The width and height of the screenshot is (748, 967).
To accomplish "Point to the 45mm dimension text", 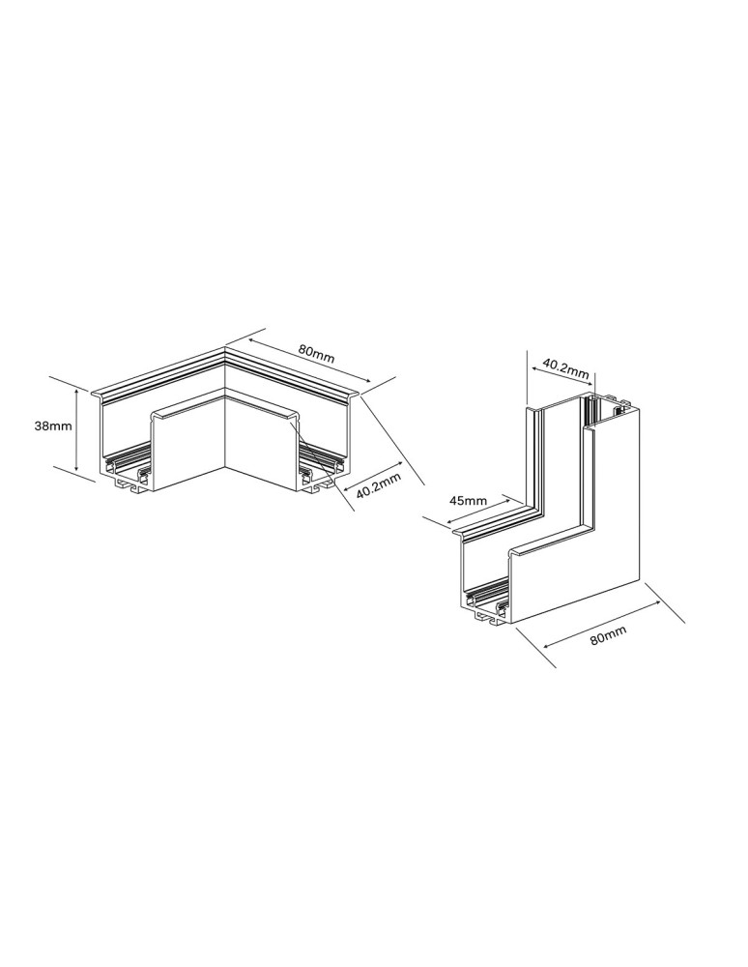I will tap(468, 501).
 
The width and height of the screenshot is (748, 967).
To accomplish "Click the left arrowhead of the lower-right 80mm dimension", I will tap(544, 646).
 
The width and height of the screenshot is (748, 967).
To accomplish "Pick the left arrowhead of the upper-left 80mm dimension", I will tap(249, 339).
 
